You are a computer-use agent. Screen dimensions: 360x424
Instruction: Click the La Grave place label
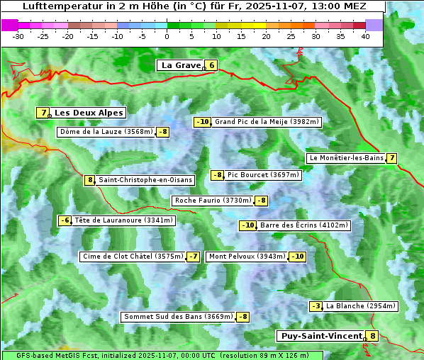181,65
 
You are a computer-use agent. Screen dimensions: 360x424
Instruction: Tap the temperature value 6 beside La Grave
211,65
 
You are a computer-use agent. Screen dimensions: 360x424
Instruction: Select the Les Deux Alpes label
89,113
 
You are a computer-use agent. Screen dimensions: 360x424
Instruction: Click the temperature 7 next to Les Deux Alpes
44,113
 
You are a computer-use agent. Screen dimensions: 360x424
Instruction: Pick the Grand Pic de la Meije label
267,122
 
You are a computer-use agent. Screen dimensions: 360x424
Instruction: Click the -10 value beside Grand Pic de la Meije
203,122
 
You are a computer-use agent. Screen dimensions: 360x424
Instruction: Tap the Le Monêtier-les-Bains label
346,158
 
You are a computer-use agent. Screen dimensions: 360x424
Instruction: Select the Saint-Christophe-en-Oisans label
145,180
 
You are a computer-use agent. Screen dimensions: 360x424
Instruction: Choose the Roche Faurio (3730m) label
213,201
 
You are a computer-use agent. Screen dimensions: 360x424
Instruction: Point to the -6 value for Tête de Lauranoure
65,220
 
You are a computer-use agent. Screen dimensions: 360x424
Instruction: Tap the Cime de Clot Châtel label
133,257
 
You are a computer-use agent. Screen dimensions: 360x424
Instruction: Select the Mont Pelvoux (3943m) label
247,257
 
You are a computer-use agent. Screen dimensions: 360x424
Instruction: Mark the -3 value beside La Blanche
316,306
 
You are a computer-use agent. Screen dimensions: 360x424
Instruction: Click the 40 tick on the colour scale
364,35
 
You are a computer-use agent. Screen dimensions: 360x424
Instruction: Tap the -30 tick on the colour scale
18,35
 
